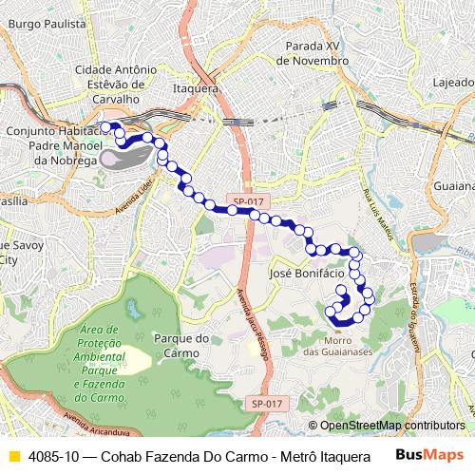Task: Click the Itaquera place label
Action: coord(197,88)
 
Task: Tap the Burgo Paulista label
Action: coord(47,20)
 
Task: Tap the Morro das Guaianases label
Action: coord(336,346)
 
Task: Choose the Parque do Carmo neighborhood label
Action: coord(180,345)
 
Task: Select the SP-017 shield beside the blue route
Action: coord(248,201)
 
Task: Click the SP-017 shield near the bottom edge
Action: coord(269,403)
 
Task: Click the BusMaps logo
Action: coord(431,456)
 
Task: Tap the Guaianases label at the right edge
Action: coord(454,188)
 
